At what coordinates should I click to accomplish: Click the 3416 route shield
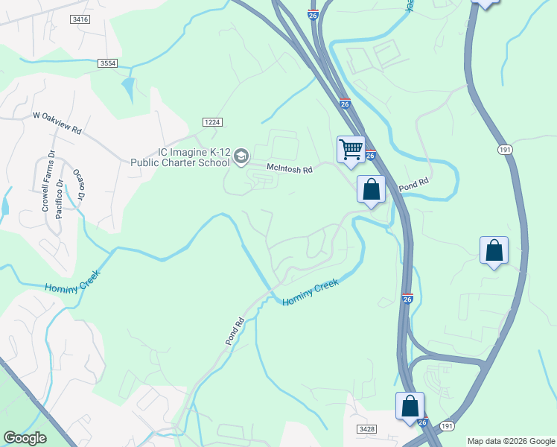pos(81,19)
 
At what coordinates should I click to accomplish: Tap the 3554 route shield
pos(107,65)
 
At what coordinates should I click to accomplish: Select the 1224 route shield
pos(211,122)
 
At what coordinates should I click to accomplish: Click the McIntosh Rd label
pos(290,169)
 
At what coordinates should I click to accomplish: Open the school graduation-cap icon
pos(241,156)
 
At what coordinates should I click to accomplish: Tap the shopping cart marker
pos(350,148)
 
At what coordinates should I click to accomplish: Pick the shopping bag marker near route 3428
pos(410,406)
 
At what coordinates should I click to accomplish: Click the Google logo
pos(25,438)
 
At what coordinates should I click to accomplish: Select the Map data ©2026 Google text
pos(511,441)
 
